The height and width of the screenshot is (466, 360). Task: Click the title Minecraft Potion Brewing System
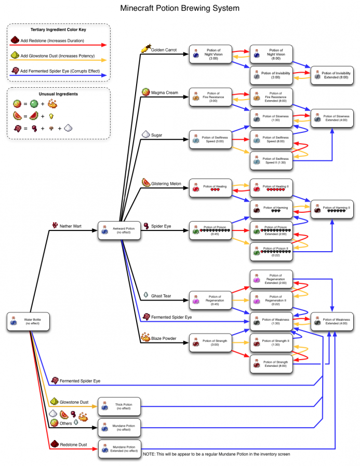[180, 9]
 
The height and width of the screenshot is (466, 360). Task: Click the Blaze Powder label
[164, 339]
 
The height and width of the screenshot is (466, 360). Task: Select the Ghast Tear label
[162, 296]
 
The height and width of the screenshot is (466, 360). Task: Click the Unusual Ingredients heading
[59, 93]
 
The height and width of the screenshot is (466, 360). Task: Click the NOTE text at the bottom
[216, 454]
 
